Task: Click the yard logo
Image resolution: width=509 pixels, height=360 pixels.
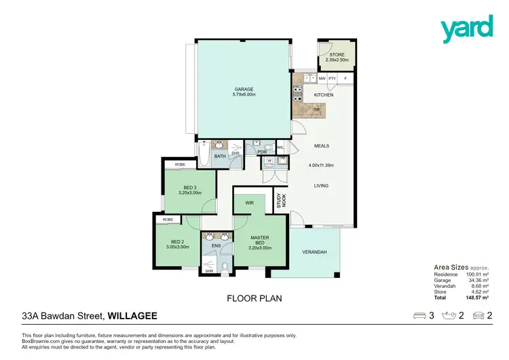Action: (466, 29)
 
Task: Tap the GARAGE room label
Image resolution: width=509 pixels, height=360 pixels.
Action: (244, 89)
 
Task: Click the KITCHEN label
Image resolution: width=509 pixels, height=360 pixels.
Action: (323, 95)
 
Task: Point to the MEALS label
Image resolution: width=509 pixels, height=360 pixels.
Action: (321, 146)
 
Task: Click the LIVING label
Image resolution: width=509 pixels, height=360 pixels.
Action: (321, 185)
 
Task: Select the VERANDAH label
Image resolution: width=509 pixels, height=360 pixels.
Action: (315, 252)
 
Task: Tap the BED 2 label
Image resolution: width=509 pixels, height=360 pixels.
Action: (177, 242)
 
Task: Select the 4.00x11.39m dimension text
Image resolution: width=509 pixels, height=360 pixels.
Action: (321, 165)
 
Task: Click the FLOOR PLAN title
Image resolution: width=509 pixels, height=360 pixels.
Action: (254, 298)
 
